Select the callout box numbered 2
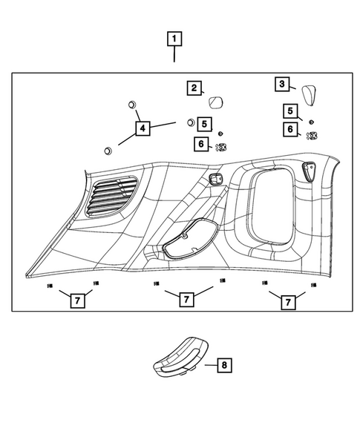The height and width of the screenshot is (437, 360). click(x=193, y=89)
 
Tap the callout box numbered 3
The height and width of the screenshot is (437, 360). click(x=282, y=85)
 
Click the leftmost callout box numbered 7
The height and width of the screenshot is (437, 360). click(x=76, y=300)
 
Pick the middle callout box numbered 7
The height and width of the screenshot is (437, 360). click(x=186, y=300)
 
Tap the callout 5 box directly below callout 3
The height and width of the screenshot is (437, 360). click(x=290, y=111)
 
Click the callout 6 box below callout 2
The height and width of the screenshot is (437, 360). click(x=202, y=143)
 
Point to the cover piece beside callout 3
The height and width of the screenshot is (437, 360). click(x=308, y=95)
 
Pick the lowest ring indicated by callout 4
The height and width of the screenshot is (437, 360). click(x=108, y=151)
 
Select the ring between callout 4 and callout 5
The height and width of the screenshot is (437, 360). click(x=189, y=122)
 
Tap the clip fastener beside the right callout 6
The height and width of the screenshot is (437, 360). click(x=312, y=134)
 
